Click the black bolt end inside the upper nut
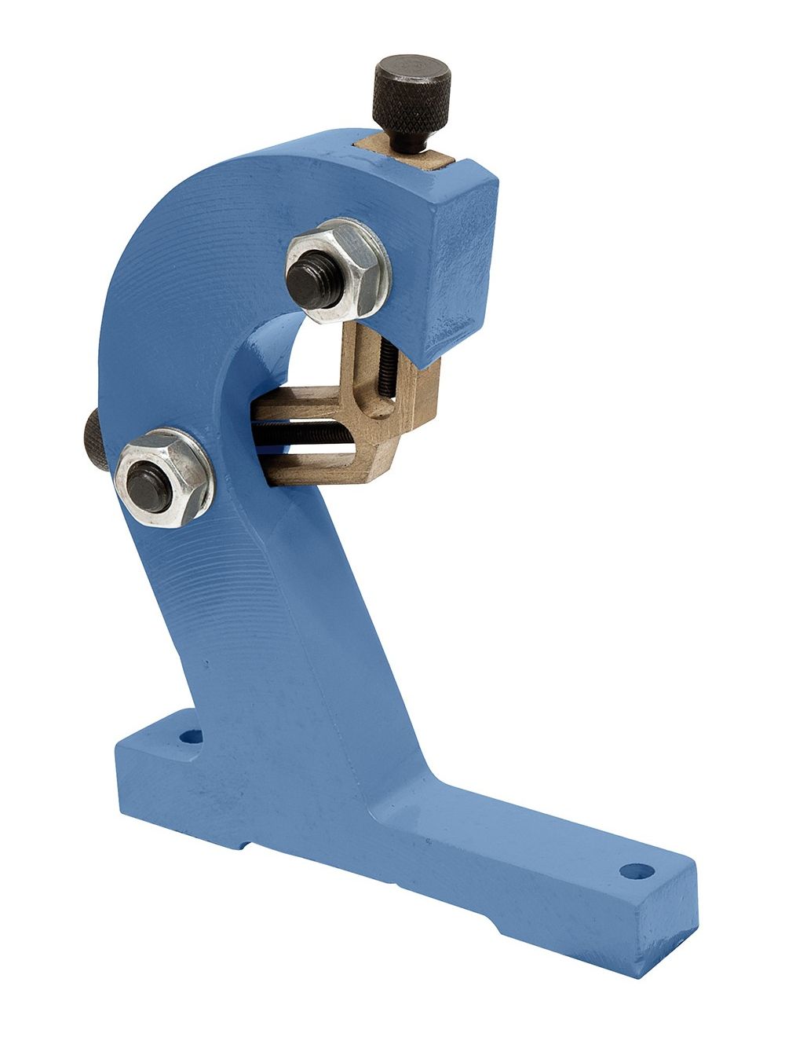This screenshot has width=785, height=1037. pos(315,281)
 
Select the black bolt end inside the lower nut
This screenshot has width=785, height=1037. pos(148,486)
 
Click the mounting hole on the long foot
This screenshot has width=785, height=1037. pos(636,870)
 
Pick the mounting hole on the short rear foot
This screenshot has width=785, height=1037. pos(189,737)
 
